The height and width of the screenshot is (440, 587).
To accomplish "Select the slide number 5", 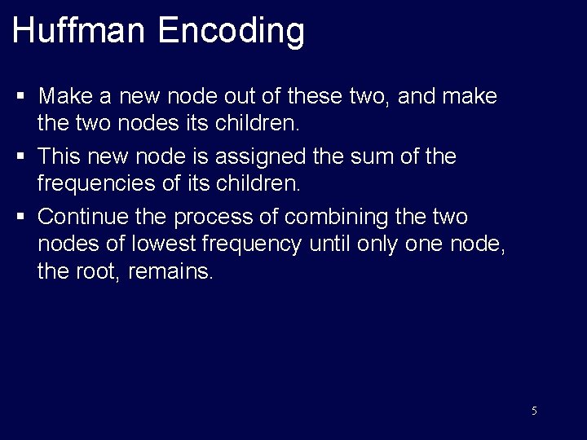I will (534, 411).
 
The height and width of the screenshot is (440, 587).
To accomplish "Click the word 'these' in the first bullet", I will (321, 97).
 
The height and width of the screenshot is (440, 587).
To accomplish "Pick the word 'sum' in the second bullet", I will (372, 156).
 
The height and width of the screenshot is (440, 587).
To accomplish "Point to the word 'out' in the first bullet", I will (261, 97).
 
